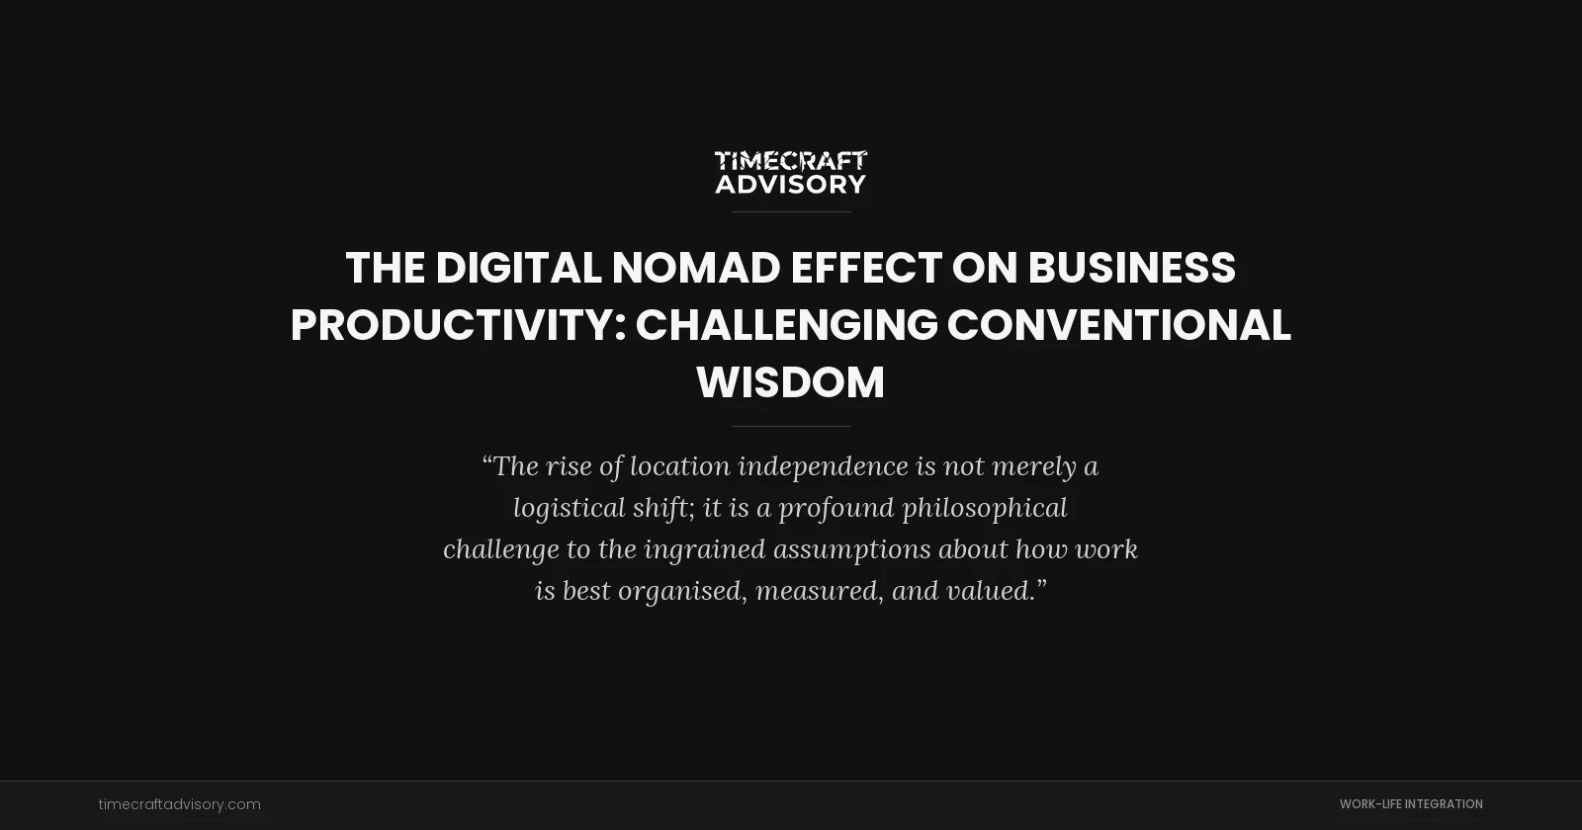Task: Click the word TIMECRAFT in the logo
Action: click(791, 160)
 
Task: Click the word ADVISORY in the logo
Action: click(791, 184)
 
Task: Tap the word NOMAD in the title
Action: click(695, 268)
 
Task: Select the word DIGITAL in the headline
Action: click(517, 268)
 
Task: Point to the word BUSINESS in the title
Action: click(1131, 268)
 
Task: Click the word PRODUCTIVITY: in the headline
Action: click(458, 325)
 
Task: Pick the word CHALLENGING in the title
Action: click(786, 325)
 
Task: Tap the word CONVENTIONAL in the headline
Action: click(1118, 325)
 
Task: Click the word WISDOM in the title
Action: click(791, 382)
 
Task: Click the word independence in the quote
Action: click(823, 466)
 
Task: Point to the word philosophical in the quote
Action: click(984, 508)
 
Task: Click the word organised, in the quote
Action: click(682, 591)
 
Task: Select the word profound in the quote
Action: click(835, 508)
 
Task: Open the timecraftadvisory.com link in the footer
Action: click(180, 804)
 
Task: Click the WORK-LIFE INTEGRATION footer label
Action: click(1411, 804)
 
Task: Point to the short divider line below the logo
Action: click(791, 211)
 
